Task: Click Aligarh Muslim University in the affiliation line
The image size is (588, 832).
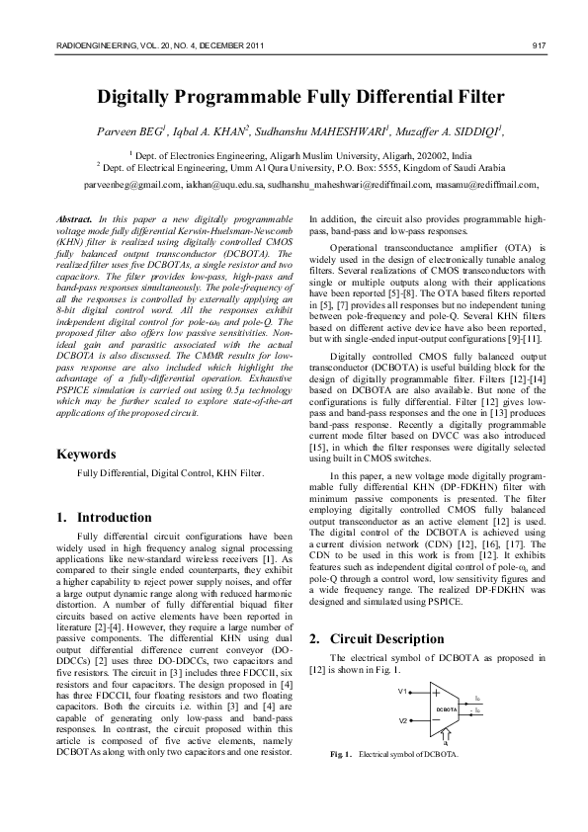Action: click(326, 156)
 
